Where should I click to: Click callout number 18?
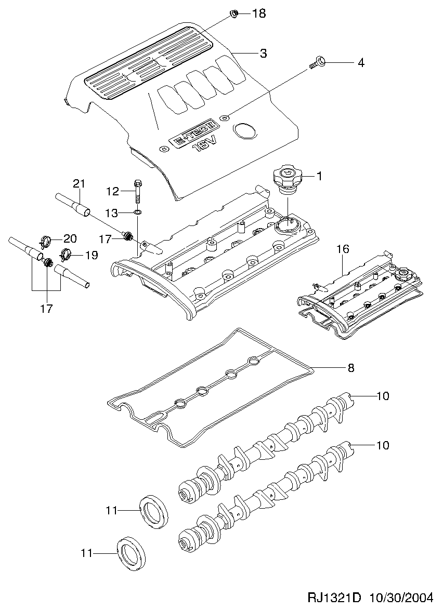[258, 14]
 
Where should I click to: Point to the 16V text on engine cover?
[204, 146]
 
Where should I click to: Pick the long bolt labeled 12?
[138, 191]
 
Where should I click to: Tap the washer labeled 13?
[138, 212]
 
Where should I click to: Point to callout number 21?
[79, 183]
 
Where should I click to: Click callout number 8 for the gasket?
[350, 367]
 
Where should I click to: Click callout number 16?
[344, 249]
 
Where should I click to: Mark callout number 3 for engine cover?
[264, 54]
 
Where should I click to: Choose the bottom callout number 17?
[46, 309]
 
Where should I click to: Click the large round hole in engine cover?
[244, 131]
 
